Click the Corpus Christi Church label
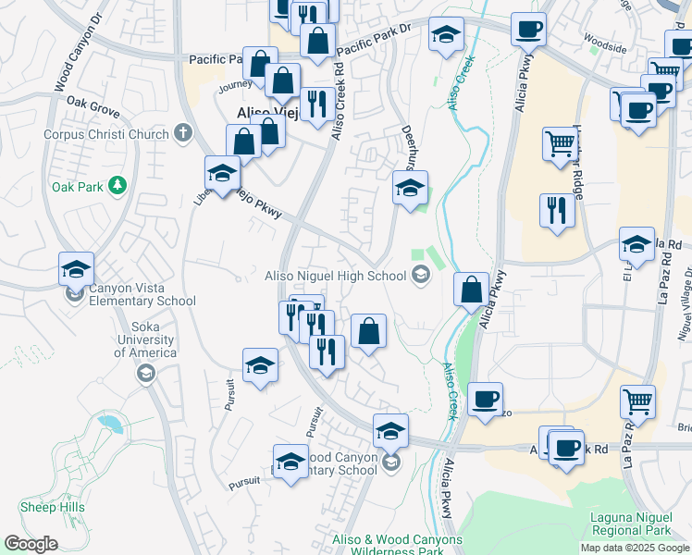[105, 134]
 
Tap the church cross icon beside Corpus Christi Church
[183, 133]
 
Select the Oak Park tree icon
[117, 186]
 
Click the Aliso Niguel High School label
[335, 275]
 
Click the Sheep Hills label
[52, 507]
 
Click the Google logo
[30, 544]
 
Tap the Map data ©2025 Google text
[634, 548]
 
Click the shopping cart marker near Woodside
[664, 73]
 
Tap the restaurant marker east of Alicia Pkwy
[557, 210]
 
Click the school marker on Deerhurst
[410, 188]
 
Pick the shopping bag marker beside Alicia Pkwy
[471, 289]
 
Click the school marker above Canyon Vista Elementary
[76, 269]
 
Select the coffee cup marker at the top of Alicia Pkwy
[528, 29]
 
